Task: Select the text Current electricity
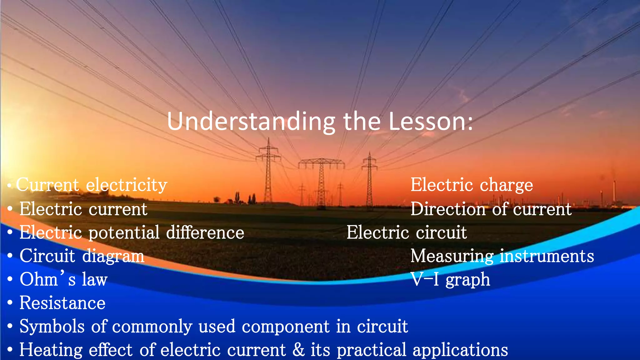pos(92,185)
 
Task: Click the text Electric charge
pos(472,185)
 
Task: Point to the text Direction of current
pos(491,209)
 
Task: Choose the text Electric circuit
pos(407,232)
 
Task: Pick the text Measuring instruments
pos(502,256)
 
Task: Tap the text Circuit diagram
pos(82,256)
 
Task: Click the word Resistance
pos(62,303)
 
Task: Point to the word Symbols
pos(52,326)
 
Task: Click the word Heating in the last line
pos(51,350)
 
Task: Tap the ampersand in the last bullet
pos(298,350)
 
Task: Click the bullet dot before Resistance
pos(10,303)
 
